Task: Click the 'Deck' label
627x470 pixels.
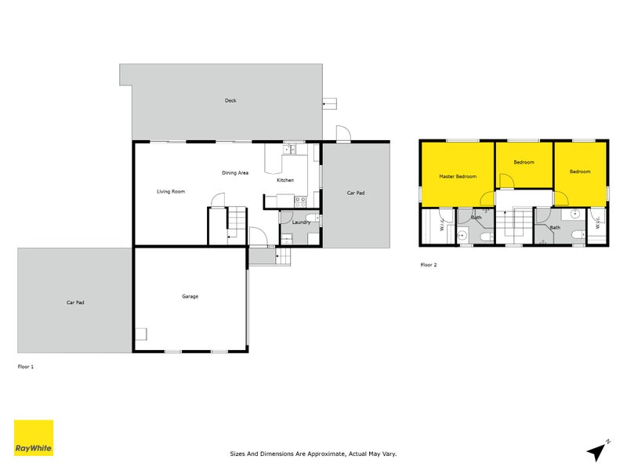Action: [x=230, y=100]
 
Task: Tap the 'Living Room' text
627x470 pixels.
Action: [x=171, y=191]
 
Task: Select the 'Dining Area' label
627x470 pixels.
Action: [x=235, y=172]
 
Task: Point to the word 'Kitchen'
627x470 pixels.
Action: [x=285, y=181]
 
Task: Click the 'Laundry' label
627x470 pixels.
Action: [x=301, y=222]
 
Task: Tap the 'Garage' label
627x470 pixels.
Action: [x=190, y=296]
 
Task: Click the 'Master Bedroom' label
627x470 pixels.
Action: [x=458, y=177]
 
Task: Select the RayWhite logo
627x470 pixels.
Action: [x=34, y=438]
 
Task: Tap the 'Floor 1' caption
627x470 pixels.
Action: [x=26, y=366]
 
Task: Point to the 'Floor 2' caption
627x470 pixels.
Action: [x=429, y=265]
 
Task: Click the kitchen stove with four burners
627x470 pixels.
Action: [x=299, y=201]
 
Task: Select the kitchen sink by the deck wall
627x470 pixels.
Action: [x=288, y=149]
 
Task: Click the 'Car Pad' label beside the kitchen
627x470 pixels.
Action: [x=356, y=193]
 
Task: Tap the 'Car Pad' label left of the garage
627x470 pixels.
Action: [x=75, y=302]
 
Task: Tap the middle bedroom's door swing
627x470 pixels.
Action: [x=506, y=181]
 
